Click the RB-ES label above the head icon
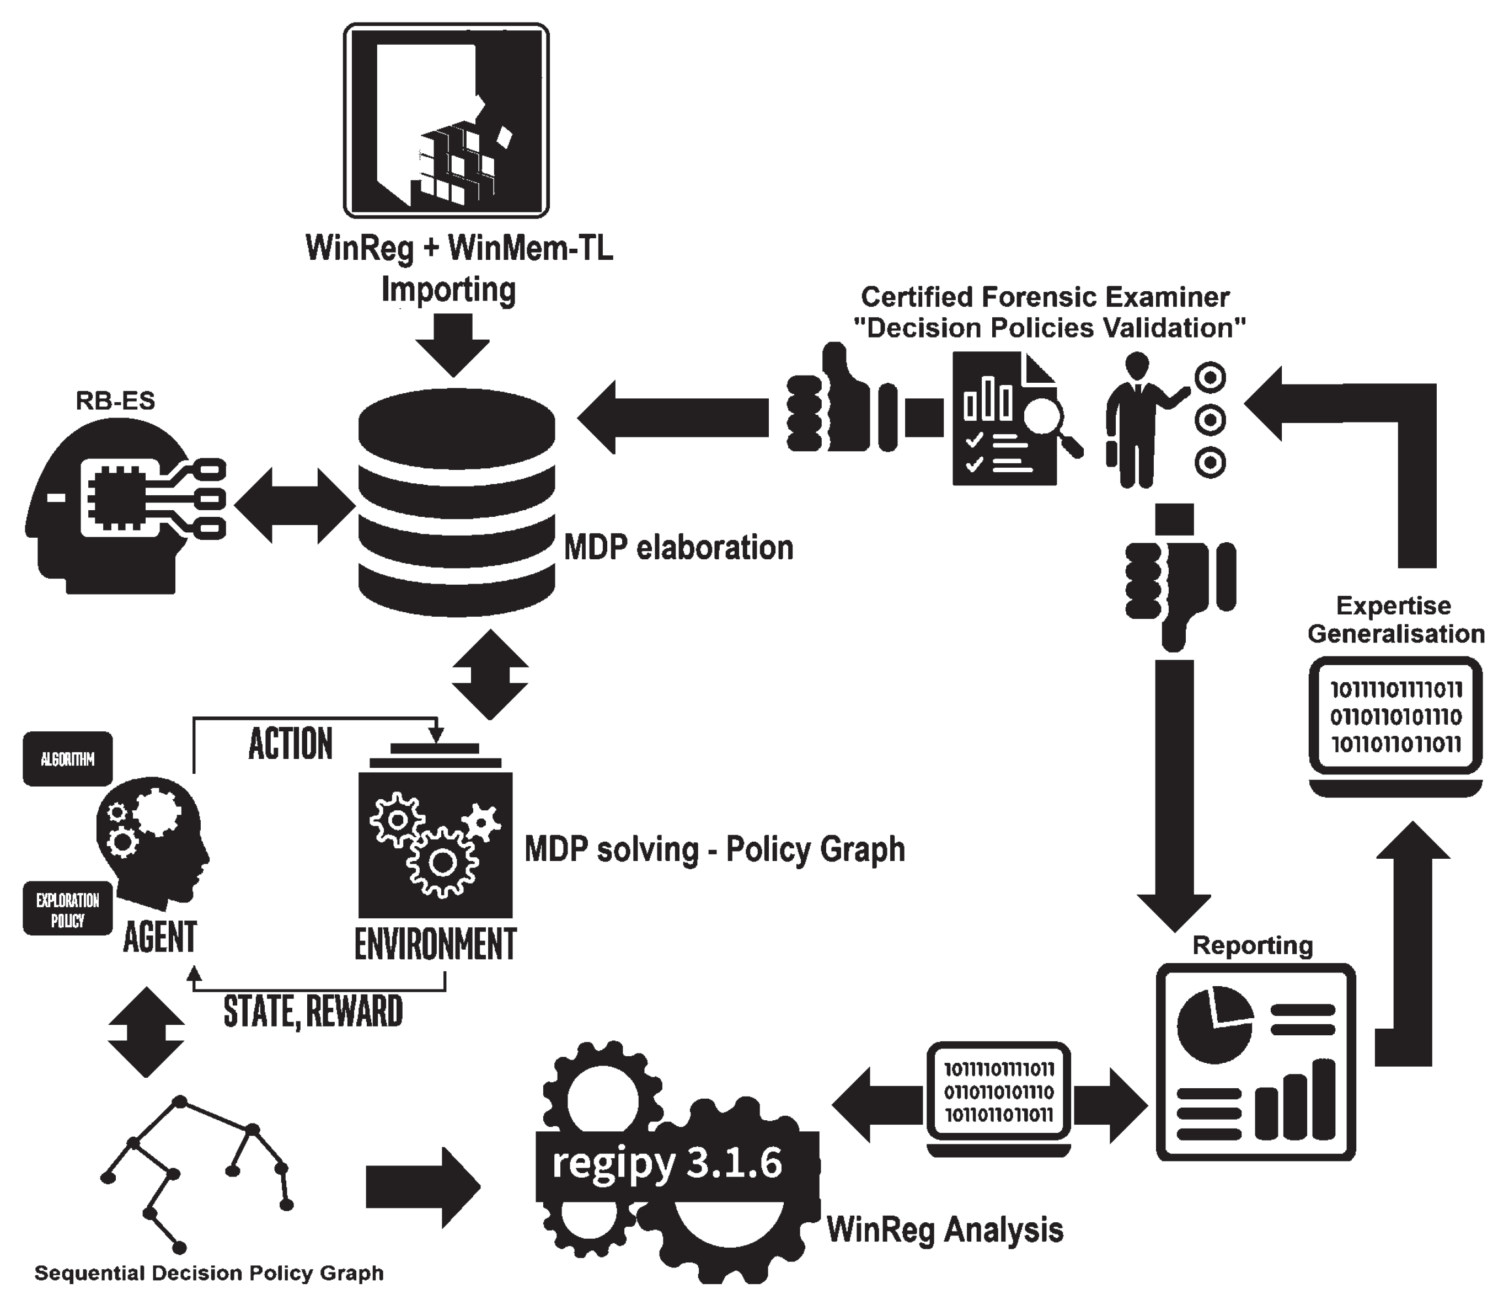(x=115, y=400)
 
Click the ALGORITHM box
(x=68, y=759)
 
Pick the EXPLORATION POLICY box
(x=68, y=909)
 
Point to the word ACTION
(x=290, y=744)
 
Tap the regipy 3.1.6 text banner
(x=666, y=1163)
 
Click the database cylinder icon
(x=457, y=502)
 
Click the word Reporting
(x=1253, y=945)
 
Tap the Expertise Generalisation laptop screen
(x=1395, y=716)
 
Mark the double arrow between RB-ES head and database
(x=295, y=505)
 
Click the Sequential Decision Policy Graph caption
(x=209, y=1274)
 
